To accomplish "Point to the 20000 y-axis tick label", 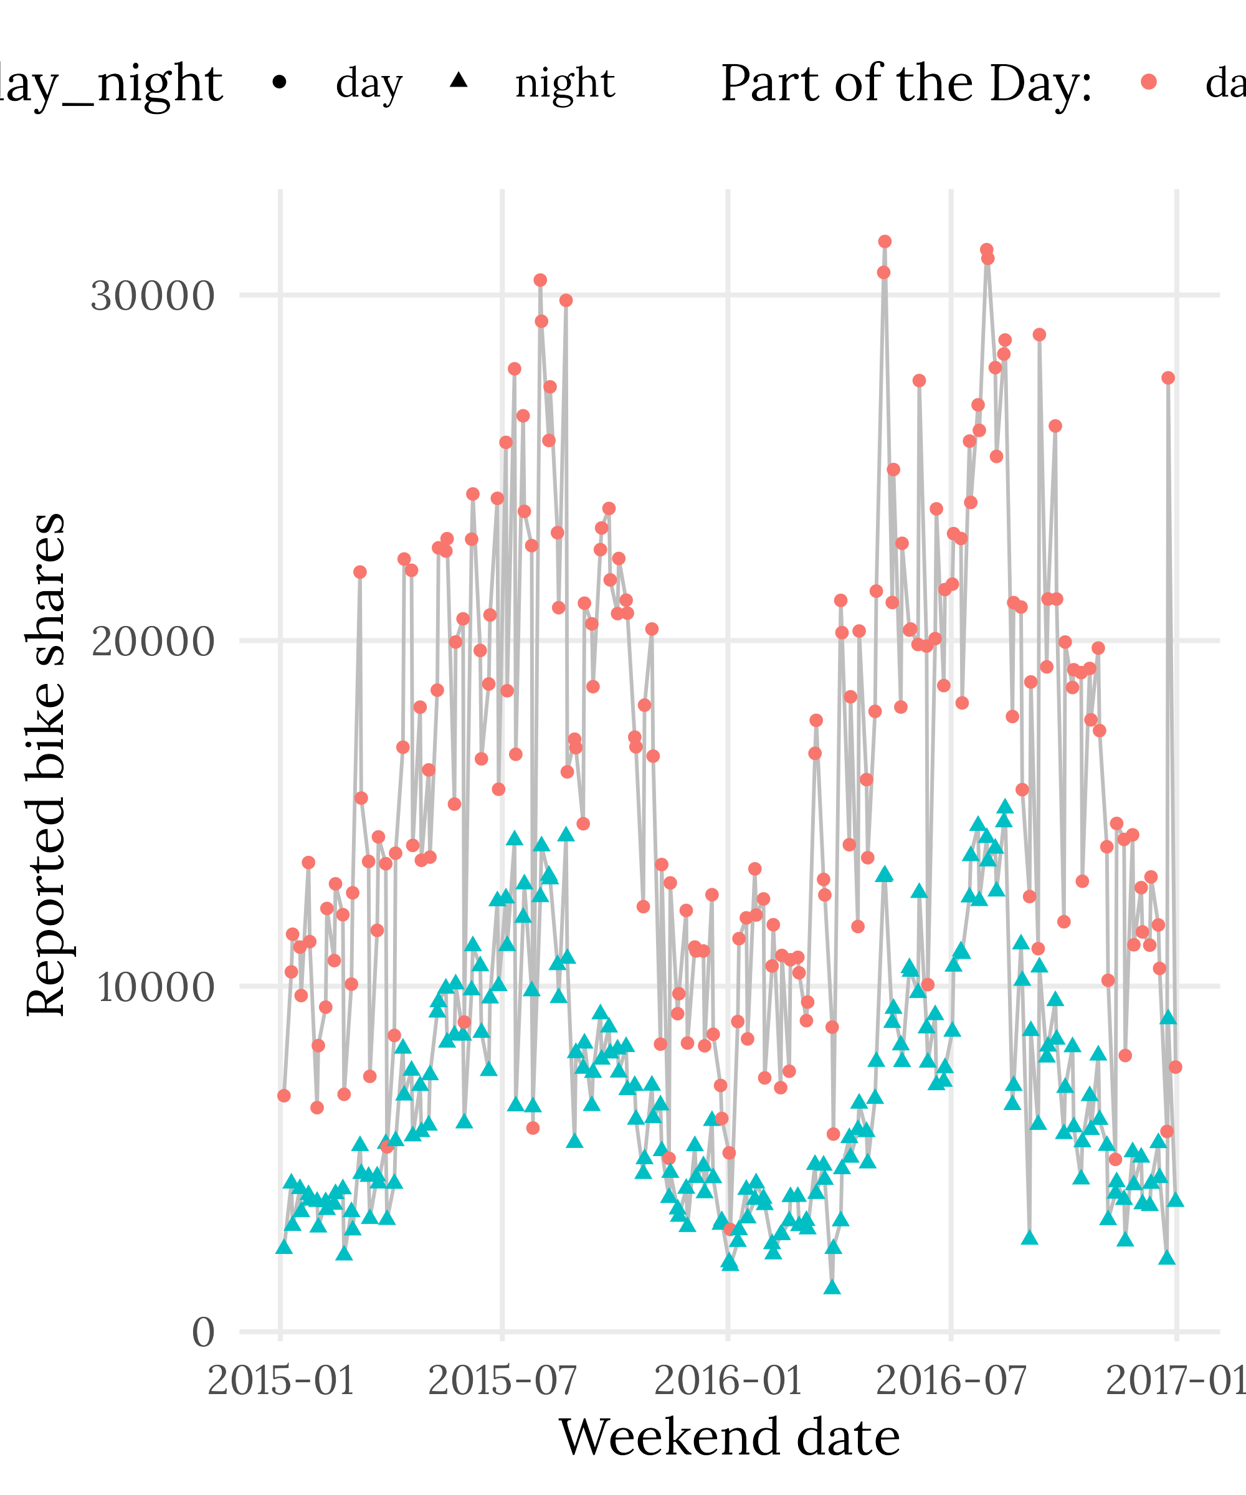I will point(153,642).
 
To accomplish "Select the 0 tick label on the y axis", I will point(203,1332).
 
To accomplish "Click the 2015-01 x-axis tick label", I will point(280,1382).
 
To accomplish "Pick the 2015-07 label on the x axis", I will point(502,1382).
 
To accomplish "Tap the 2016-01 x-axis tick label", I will point(727,1382).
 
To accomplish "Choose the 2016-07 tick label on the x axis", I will point(951,1382).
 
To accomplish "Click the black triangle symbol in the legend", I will point(459,80).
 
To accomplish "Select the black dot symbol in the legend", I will point(280,83).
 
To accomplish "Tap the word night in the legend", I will point(564,83).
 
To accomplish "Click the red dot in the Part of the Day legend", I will point(1148,83).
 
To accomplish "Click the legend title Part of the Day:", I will point(906,83).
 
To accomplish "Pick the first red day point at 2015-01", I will point(284,1096).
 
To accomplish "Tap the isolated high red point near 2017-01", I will point(1168,378).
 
